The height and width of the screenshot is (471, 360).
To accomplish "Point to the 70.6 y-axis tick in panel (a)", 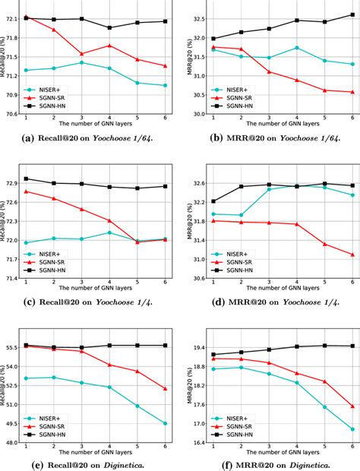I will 12,114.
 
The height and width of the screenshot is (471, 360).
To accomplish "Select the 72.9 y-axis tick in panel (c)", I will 12,183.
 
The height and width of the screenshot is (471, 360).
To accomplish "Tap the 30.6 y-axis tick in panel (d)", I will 196,278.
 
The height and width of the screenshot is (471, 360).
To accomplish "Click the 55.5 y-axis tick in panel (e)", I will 12,348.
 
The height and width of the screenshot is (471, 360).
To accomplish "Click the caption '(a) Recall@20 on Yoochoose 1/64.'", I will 91,138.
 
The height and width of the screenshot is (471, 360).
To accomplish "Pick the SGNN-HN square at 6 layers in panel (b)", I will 352,14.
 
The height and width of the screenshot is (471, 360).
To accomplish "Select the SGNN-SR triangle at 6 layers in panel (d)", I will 352,254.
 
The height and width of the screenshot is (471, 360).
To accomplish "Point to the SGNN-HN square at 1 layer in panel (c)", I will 26,179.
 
